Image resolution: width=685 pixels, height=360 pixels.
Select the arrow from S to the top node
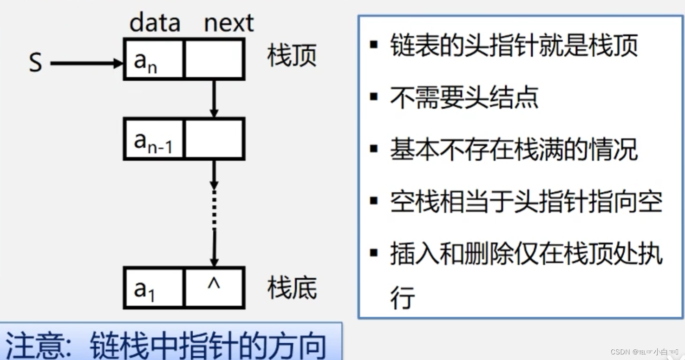[86, 63]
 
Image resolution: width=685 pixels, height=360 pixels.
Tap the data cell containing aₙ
[153, 59]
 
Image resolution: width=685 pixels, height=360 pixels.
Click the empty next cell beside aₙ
[214, 59]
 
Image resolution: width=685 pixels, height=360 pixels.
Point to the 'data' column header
[155, 22]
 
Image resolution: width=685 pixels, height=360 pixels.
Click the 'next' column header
[229, 22]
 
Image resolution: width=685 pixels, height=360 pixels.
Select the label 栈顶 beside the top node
[292, 56]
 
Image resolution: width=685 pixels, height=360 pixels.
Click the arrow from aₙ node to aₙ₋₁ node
[214, 98]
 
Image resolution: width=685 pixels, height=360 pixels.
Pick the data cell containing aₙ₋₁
[153, 139]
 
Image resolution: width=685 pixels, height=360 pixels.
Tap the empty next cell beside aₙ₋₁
[214, 139]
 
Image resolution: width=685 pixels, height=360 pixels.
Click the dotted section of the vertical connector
[214, 209]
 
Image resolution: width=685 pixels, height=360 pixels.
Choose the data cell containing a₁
[153, 288]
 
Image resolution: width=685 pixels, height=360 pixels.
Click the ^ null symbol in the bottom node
[214, 284]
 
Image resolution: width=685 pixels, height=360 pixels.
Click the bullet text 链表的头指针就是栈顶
[514, 46]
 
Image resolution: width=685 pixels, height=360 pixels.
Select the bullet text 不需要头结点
[464, 98]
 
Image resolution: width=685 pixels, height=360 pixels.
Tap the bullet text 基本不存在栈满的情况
[514, 150]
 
